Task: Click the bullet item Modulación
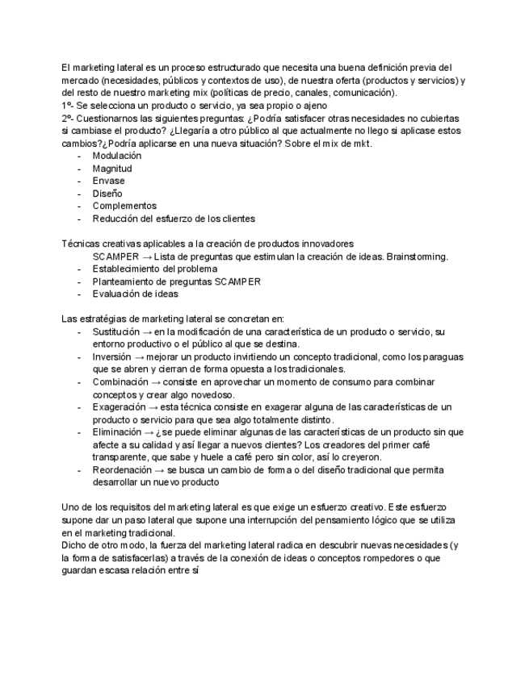tap(116, 156)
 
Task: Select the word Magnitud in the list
tap(112, 169)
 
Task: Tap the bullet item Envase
tap(108, 181)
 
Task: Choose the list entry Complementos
tap(124, 206)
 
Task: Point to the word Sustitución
tap(116, 332)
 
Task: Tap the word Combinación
tap(120, 382)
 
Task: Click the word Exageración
tap(120, 407)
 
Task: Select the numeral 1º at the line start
tap(67, 106)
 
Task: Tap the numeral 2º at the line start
tap(67, 119)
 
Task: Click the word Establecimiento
tap(128, 269)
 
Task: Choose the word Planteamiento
tap(125, 282)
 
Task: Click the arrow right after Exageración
tap(153, 407)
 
